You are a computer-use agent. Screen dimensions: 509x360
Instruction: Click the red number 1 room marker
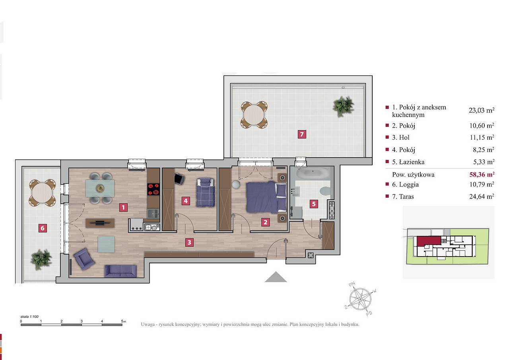pos(123,207)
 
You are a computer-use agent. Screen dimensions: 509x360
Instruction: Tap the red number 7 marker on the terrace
pos(302,134)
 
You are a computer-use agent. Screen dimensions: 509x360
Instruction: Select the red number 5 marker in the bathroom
pos(314,204)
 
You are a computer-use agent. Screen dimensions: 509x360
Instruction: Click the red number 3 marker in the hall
pos(189,242)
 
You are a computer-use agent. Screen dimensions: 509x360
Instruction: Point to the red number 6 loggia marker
pos(43,228)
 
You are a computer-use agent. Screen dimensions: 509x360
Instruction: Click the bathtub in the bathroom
pos(313,174)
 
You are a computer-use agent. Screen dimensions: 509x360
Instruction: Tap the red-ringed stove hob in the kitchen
pos(153,189)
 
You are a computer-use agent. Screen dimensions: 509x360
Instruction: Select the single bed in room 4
pos(206,193)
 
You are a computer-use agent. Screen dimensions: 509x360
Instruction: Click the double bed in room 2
pos(266,197)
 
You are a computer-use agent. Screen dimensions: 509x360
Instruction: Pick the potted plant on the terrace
pos(343,106)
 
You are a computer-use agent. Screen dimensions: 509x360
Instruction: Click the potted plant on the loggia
pos(41,259)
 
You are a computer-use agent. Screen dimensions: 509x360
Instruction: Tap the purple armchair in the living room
pos(84,259)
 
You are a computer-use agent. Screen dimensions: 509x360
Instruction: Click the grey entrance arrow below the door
pos(276,277)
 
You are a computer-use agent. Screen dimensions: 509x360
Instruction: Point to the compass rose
pos(360,299)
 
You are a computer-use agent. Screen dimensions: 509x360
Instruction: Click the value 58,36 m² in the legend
pos(482,174)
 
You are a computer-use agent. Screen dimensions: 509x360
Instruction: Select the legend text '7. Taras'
pos(403,197)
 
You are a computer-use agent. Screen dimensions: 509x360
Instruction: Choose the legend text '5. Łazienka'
pos(408,162)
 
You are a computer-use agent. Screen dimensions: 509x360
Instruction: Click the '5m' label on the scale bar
pos(123,321)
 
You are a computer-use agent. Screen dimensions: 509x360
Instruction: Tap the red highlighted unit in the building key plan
pos(429,241)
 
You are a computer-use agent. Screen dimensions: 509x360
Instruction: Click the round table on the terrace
pos(254,115)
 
